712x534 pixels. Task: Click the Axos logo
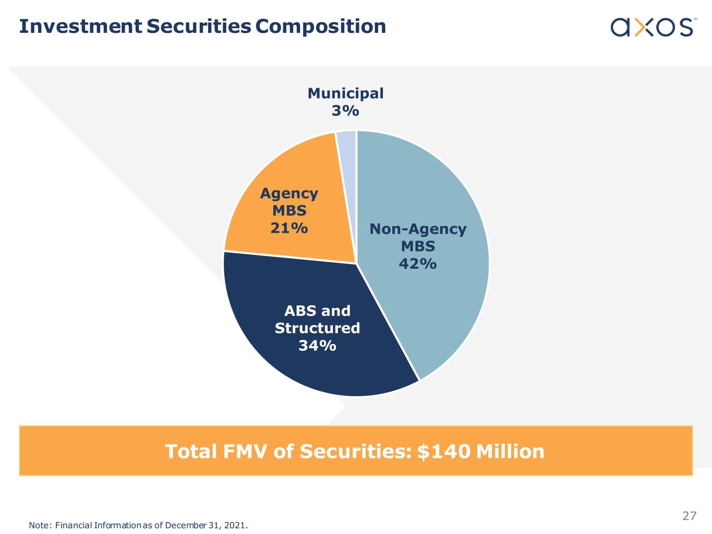tap(652, 27)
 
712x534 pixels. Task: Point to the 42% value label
tap(417, 264)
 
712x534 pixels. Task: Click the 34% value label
tap(317, 346)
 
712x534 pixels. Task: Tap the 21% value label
tap(289, 228)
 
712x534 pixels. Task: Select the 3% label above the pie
tap(345, 111)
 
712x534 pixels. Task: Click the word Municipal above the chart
tap(345, 93)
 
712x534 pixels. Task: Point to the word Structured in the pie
tap(317, 328)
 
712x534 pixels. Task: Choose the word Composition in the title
tap(321, 26)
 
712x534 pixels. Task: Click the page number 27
tap(689, 516)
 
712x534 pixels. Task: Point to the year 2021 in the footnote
tap(235, 525)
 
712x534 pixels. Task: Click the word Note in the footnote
tap(38, 525)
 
